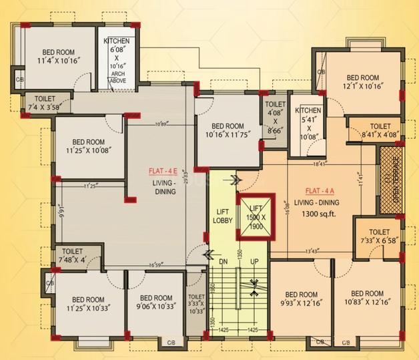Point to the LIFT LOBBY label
[222, 215]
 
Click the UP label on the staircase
[253, 260]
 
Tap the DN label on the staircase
[224, 260]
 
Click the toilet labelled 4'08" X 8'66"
[275, 118]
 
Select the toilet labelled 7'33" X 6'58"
[378, 235]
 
